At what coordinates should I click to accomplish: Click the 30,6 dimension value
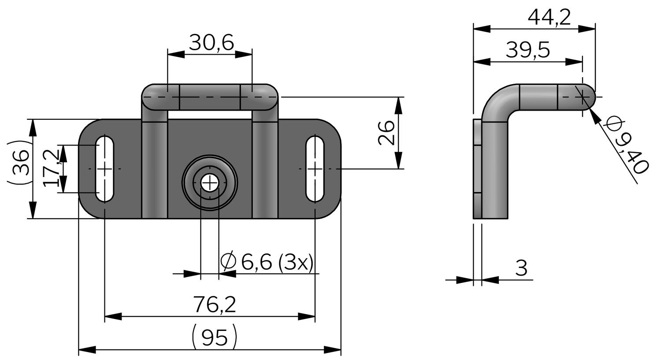click(211, 43)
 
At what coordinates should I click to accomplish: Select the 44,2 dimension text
click(549, 18)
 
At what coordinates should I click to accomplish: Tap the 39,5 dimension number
click(527, 51)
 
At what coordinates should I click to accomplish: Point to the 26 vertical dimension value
click(386, 132)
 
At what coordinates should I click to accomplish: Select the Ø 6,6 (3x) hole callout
click(267, 262)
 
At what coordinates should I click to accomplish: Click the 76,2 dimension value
click(215, 304)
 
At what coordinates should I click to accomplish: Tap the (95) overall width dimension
click(215, 338)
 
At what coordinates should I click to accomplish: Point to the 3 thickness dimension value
click(521, 268)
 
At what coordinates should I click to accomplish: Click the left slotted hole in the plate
click(105, 168)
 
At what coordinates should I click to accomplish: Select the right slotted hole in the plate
click(315, 168)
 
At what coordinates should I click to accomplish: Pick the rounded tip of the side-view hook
click(588, 97)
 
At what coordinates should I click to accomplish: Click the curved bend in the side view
click(498, 104)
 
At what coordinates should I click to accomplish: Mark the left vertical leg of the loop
click(155, 167)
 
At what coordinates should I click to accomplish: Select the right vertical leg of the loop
click(265, 167)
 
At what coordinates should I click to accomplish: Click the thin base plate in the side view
click(477, 168)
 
